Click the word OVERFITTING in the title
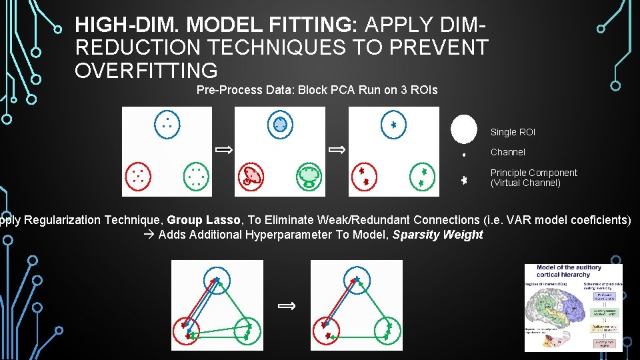click(146, 70)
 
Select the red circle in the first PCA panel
click(139, 175)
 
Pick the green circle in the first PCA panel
click(196, 175)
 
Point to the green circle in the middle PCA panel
click(309, 175)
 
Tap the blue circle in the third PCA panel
click(393, 124)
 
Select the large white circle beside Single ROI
click(463, 129)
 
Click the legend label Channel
click(508, 152)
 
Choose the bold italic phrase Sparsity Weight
click(437, 235)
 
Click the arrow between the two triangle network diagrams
click(287, 305)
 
